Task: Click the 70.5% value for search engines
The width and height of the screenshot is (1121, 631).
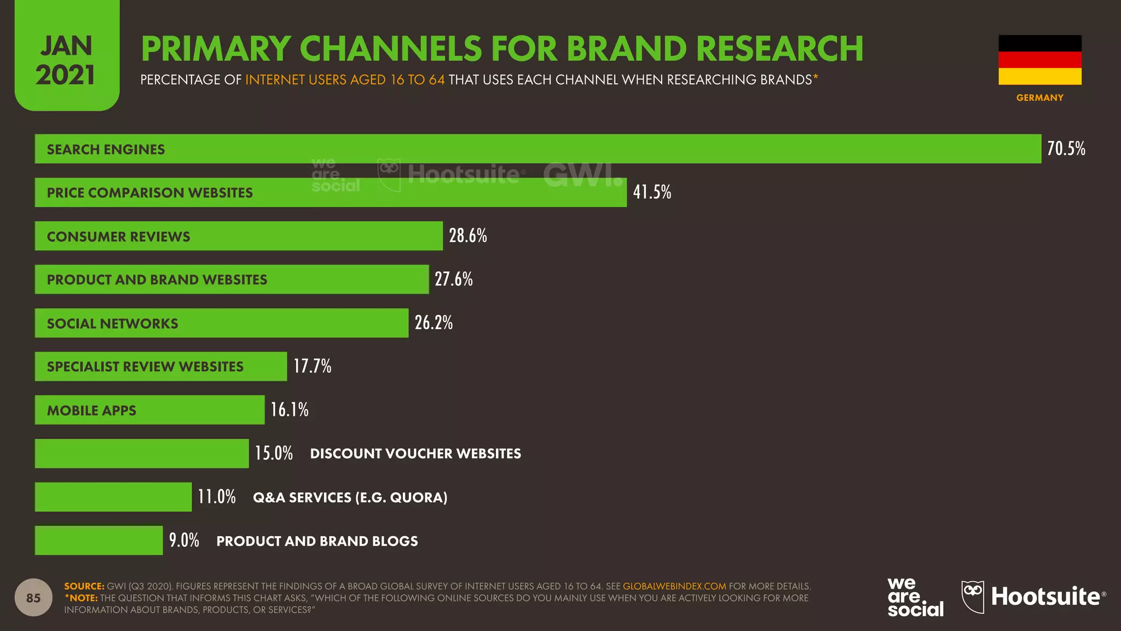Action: tap(1066, 148)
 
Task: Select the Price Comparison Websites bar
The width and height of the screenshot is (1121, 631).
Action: tap(331, 192)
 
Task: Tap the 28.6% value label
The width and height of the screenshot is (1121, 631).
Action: tap(468, 236)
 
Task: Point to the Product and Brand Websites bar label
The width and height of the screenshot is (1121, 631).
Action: tap(157, 279)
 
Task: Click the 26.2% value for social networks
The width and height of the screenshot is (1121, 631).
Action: tap(434, 323)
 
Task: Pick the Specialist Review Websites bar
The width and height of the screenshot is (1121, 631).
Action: tap(161, 366)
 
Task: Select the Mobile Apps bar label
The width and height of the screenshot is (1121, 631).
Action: tap(91, 410)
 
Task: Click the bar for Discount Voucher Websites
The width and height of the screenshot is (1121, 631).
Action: tap(142, 454)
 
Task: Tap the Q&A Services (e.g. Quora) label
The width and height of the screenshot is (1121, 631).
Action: tap(350, 497)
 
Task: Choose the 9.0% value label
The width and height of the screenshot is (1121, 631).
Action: tap(184, 540)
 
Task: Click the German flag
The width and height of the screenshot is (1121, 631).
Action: tap(1040, 60)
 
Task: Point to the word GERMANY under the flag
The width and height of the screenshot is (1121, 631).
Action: tap(1040, 97)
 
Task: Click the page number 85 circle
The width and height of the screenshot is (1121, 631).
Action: tap(33, 598)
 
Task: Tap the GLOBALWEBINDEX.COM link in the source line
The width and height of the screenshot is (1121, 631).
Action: tap(674, 586)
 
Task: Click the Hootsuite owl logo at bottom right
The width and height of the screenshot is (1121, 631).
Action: tap(973, 597)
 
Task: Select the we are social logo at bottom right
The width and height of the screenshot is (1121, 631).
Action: tap(916, 597)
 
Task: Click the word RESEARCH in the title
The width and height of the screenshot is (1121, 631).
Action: tap(780, 48)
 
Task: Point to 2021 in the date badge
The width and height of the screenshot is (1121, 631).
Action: tap(66, 75)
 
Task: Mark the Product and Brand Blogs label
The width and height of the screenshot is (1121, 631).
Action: tap(317, 541)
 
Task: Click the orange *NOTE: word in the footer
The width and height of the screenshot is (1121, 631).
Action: tap(81, 598)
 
